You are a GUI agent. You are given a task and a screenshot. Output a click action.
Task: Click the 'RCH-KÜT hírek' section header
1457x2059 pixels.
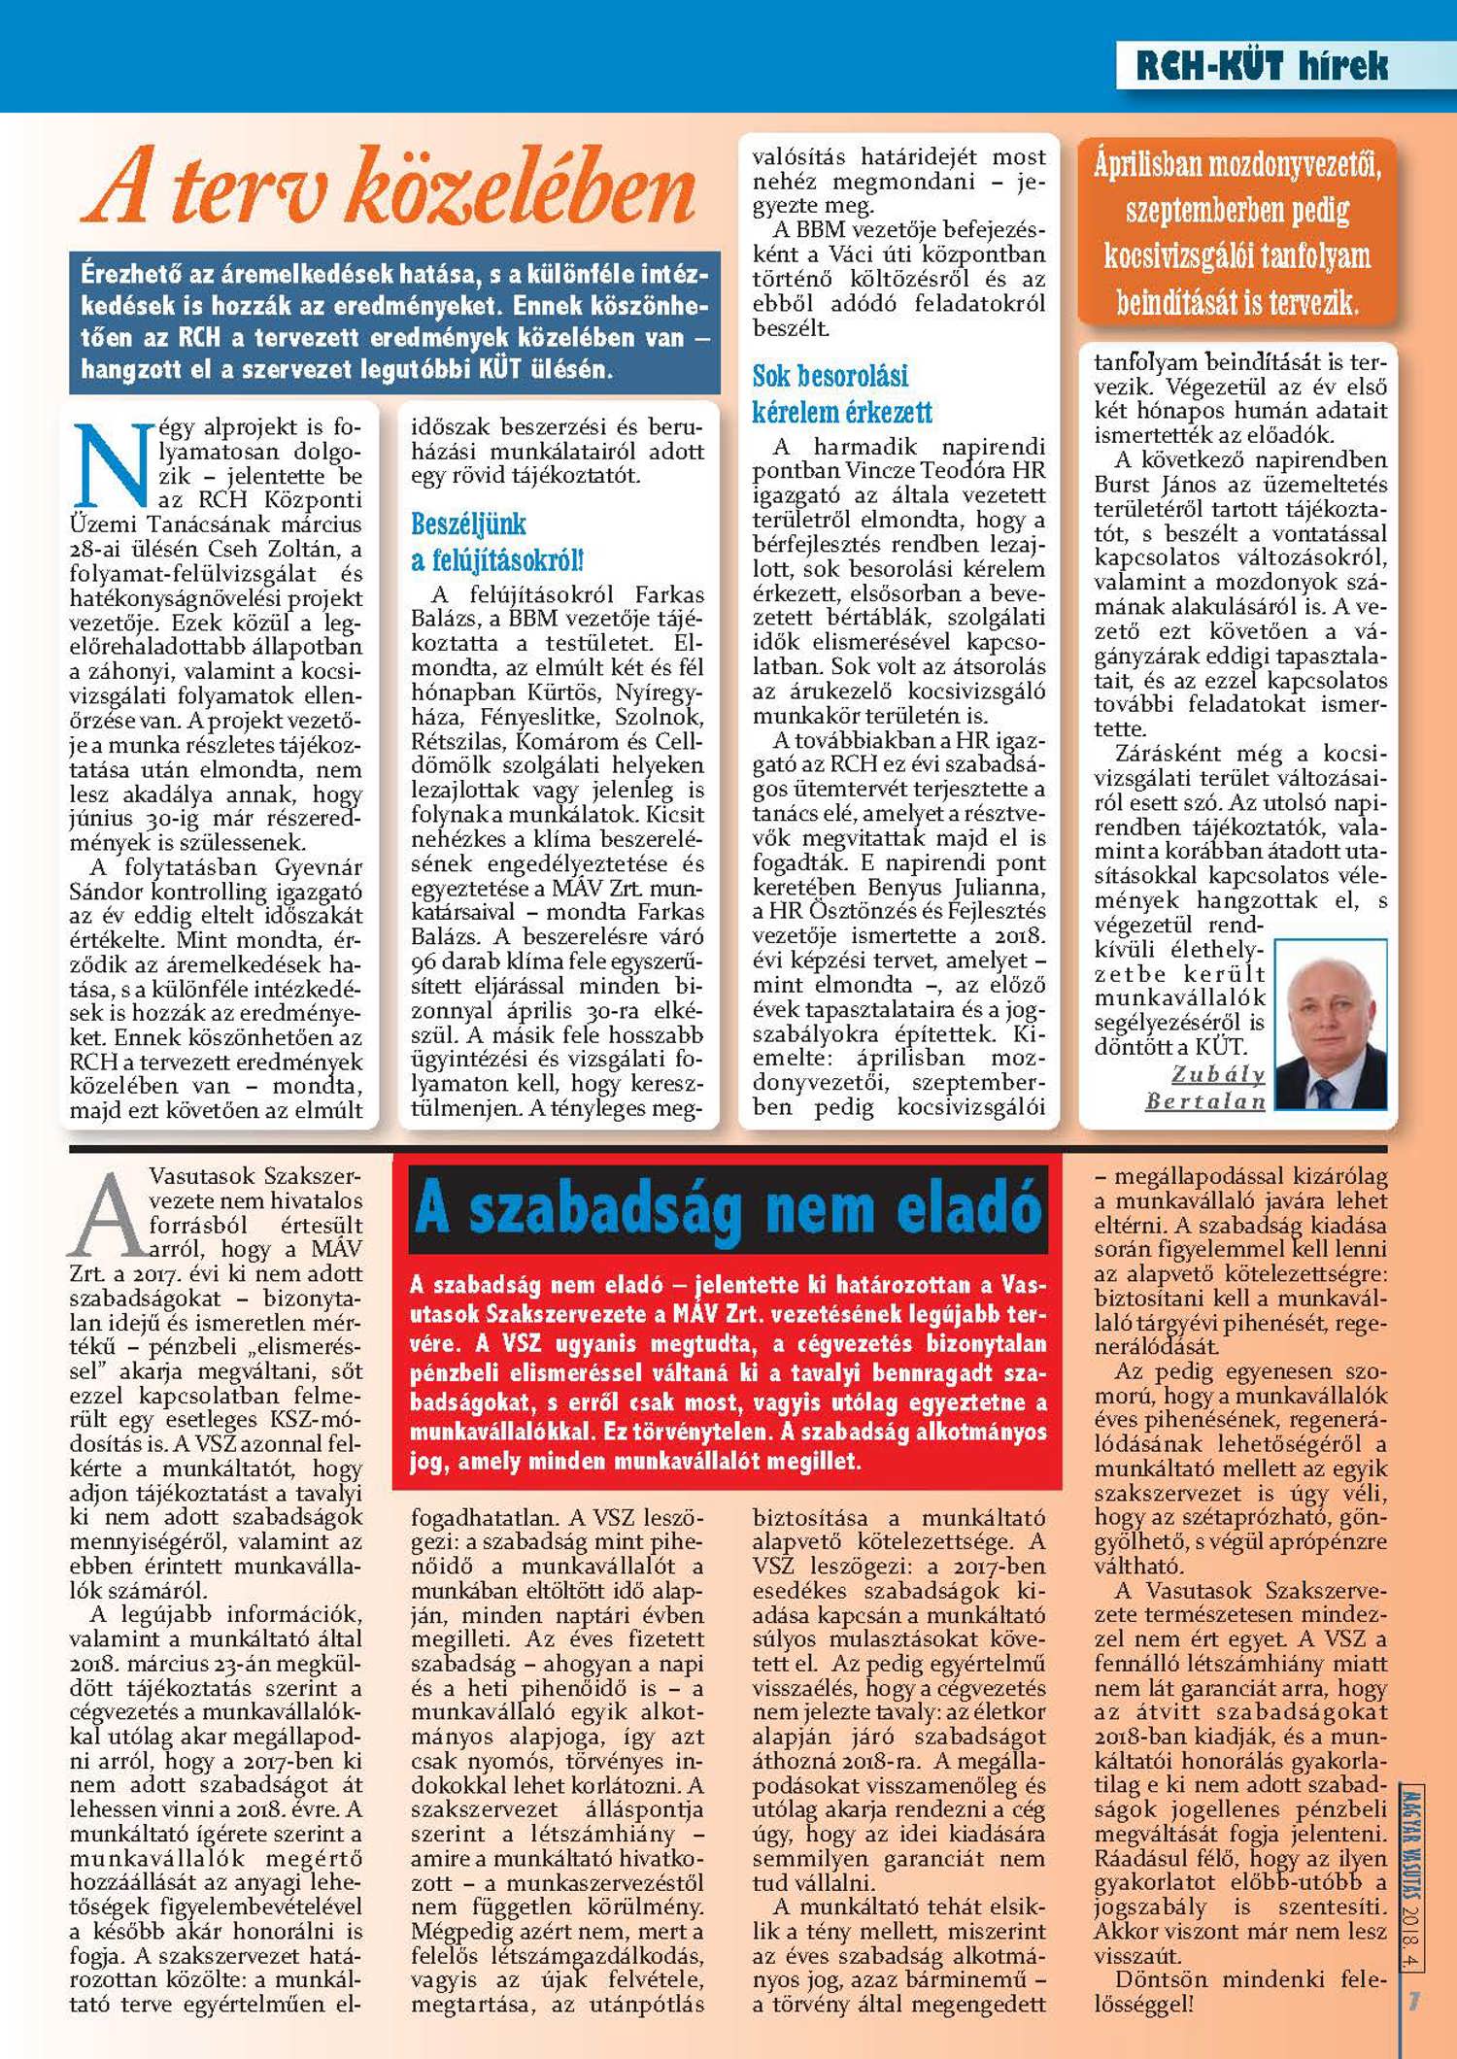tap(1262, 66)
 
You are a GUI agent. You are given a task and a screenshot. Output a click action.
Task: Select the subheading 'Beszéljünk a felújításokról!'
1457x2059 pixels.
tap(496, 542)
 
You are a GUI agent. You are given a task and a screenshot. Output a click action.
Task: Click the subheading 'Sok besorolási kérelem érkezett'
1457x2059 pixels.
tap(841, 393)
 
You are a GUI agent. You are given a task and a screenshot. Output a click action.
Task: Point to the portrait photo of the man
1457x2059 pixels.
tap(1330, 1024)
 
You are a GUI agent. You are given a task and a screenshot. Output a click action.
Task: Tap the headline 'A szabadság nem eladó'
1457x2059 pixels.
tap(728, 1207)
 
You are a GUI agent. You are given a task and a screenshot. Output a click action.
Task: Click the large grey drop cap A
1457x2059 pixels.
tap(107, 1215)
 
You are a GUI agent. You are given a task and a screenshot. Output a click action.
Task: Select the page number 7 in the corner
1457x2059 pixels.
tap(1415, 2001)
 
